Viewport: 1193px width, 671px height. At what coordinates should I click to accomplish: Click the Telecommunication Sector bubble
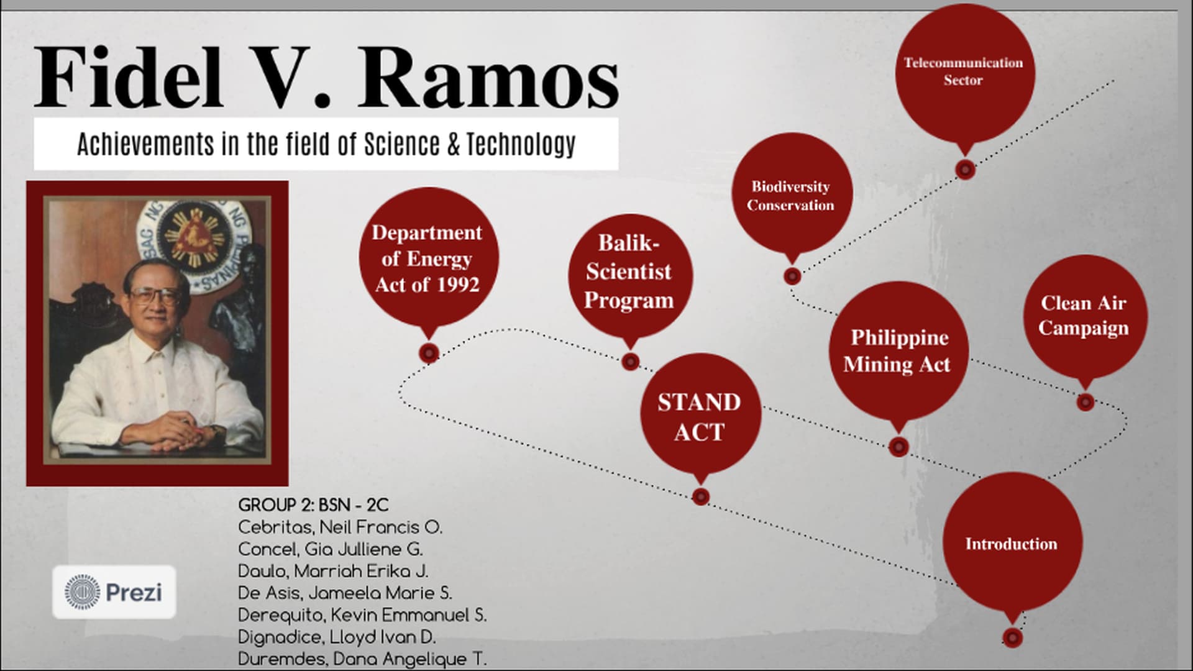(x=964, y=73)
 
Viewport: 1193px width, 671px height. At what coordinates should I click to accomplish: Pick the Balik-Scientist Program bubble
(x=630, y=274)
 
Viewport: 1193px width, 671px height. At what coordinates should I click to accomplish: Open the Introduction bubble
(x=1013, y=542)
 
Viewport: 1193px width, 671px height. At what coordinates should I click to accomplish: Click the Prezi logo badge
(x=114, y=592)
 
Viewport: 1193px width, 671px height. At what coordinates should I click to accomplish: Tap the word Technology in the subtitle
(x=521, y=144)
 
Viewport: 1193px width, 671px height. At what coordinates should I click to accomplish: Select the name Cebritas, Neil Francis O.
(x=340, y=527)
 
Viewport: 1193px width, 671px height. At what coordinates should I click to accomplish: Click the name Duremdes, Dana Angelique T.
(x=362, y=659)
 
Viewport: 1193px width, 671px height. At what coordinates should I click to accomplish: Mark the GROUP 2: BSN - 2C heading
(x=313, y=505)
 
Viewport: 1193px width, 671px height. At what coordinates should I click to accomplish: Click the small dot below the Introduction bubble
(x=1013, y=637)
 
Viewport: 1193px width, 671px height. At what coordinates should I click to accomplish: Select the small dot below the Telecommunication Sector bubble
(x=965, y=169)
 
